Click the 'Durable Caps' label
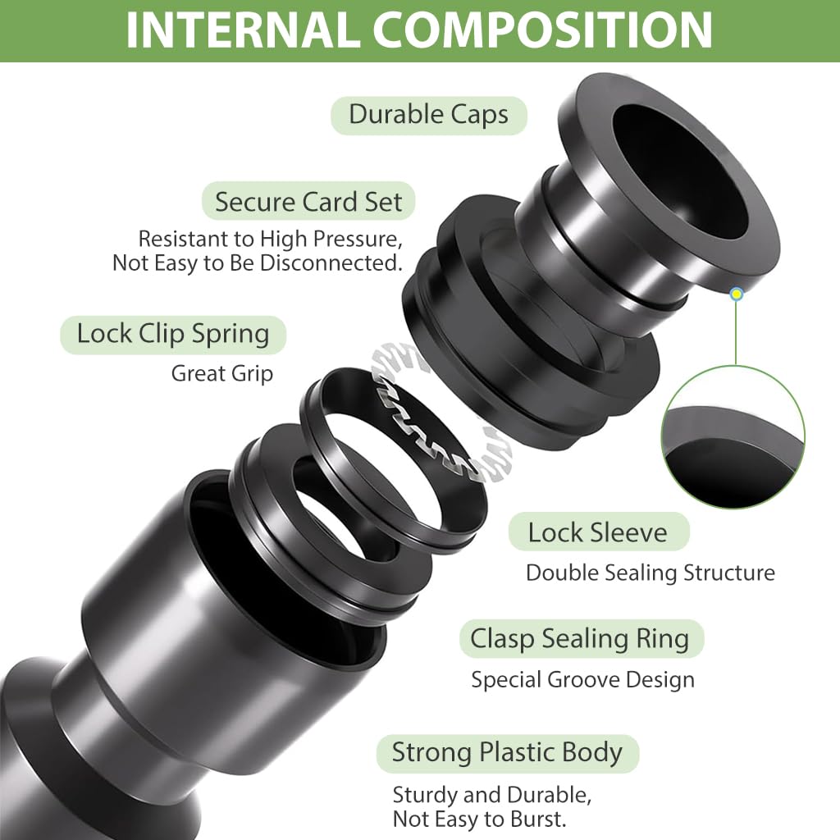pyautogui.click(x=428, y=115)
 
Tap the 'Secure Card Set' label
pyautogui.click(x=308, y=202)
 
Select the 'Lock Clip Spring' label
pyautogui.click(x=173, y=335)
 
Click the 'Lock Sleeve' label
pyautogui.click(x=598, y=532)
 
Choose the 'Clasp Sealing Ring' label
pyautogui.click(x=582, y=638)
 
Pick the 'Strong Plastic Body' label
pyautogui.click(x=507, y=753)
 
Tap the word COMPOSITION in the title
pyautogui.click(x=542, y=30)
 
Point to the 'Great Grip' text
pyautogui.click(x=221, y=373)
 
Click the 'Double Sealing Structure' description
pyautogui.click(x=650, y=573)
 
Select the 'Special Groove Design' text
pyautogui.click(x=582, y=679)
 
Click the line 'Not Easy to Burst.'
pyautogui.click(x=479, y=819)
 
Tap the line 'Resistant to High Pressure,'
pyautogui.click(x=270, y=239)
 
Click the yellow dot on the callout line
pyautogui.click(x=737, y=294)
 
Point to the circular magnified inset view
pyautogui.click(x=733, y=437)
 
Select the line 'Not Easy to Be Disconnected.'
pyautogui.click(x=257, y=263)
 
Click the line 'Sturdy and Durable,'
pyautogui.click(x=492, y=795)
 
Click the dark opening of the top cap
pyautogui.click(x=680, y=171)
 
